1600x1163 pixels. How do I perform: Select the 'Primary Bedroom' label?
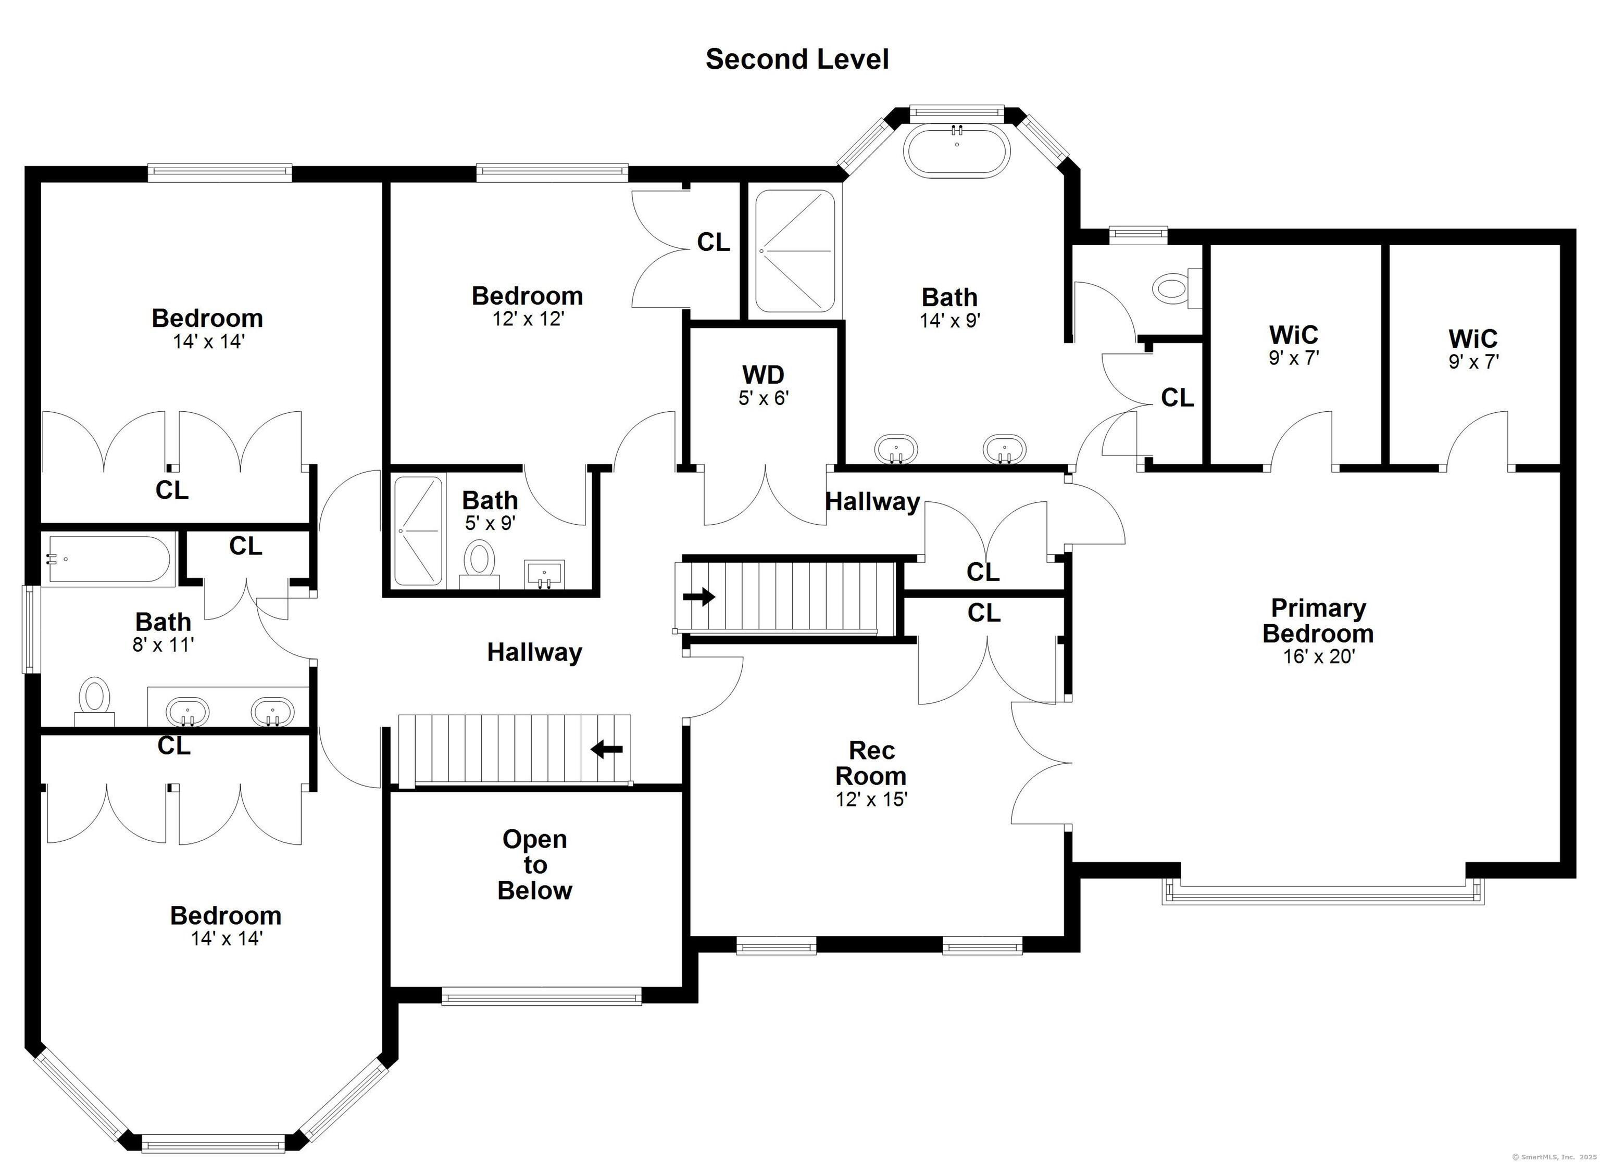coord(1318,621)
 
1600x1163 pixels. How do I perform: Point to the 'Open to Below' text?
coord(535,865)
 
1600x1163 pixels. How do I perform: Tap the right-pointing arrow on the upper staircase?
coord(699,597)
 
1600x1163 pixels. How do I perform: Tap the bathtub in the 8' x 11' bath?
coord(109,559)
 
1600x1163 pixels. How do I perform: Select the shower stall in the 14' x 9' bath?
coord(795,251)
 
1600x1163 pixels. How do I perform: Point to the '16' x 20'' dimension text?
coord(1319,656)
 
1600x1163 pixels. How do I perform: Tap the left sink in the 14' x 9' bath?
coord(896,449)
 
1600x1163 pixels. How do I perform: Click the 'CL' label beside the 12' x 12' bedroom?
coord(713,243)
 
